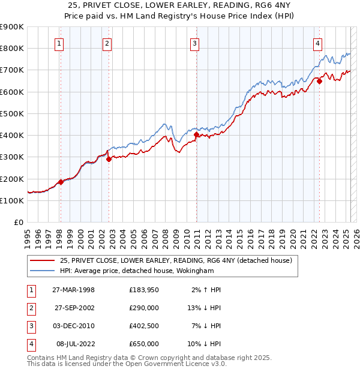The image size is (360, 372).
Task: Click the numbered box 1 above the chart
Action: (60, 43)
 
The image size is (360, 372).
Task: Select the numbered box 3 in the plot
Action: (196, 43)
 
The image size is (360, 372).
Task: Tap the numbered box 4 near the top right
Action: (317, 43)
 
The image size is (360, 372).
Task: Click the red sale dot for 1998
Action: (61, 182)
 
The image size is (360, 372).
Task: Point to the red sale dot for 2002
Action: (109, 159)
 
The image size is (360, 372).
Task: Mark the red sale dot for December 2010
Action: (196, 135)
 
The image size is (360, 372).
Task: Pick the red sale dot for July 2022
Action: (319, 82)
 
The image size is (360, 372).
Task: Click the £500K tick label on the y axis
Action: (11, 113)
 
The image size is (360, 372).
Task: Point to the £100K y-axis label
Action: (11, 200)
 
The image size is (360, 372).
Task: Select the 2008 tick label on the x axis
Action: (166, 238)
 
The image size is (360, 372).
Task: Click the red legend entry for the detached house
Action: (176, 260)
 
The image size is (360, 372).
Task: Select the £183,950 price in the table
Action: (144, 289)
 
